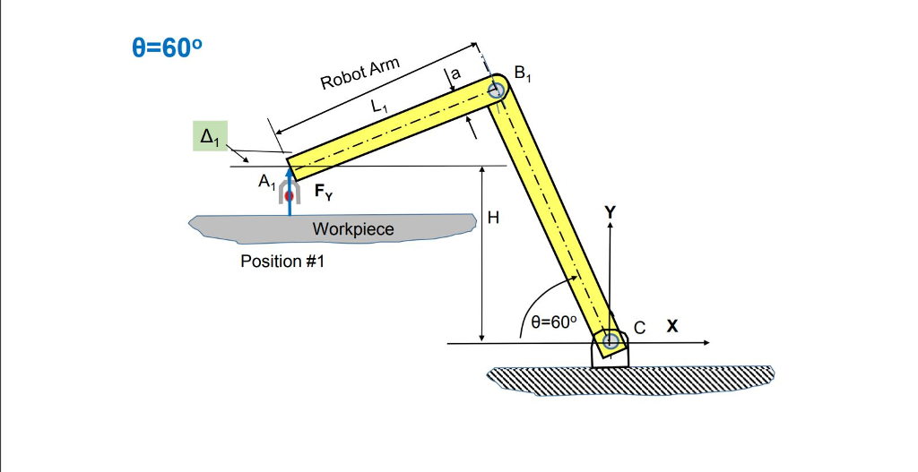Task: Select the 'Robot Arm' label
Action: pyautogui.click(x=359, y=74)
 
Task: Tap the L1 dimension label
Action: pyautogui.click(x=380, y=106)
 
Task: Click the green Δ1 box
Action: pyautogui.click(x=211, y=137)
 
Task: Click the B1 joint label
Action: pyautogui.click(x=522, y=74)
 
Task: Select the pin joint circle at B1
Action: pyautogui.click(x=497, y=90)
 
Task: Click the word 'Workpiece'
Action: pyautogui.click(x=352, y=229)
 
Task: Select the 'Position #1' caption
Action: pyautogui.click(x=281, y=262)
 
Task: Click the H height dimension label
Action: pyautogui.click(x=492, y=218)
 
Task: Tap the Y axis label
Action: pyautogui.click(x=611, y=212)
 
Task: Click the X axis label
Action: pyautogui.click(x=671, y=327)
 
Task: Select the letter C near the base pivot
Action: pyautogui.click(x=638, y=328)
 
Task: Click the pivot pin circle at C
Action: pyautogui.click(x=611, y=341)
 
